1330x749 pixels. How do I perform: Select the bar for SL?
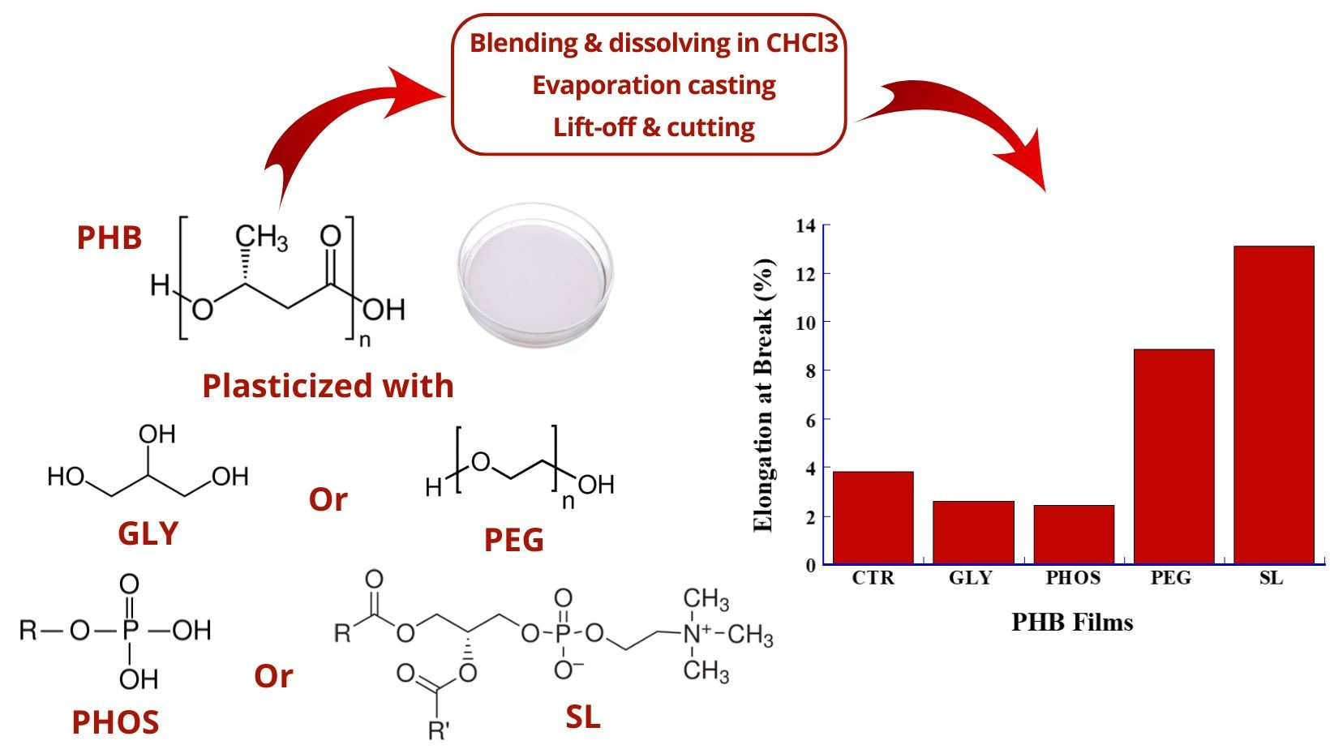pyautogui.click(x=1273, y=404)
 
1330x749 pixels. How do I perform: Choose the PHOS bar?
pyautogui.click(x=1074, y=534)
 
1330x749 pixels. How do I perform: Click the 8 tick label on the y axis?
pyautogui.click(x=809, y=371)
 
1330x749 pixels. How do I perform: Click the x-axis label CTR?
pyautogui.click(x=873, y=578)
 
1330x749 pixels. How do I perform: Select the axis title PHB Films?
pyautogui.click(x=1072, y=623)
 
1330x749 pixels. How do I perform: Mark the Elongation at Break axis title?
pyautogui.click(x=763, y=396)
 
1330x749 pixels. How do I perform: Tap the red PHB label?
pyautogui.click(x=109, y=238)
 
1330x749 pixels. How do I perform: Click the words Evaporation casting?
pyautogui.click(x=654, y=85)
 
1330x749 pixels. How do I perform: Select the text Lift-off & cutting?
pyautogui.click(x=654, y=127)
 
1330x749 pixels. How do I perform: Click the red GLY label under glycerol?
pyautogui.click(x=148, y=533)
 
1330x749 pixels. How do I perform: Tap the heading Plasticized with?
pyautogui.click(x=328, y=386)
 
